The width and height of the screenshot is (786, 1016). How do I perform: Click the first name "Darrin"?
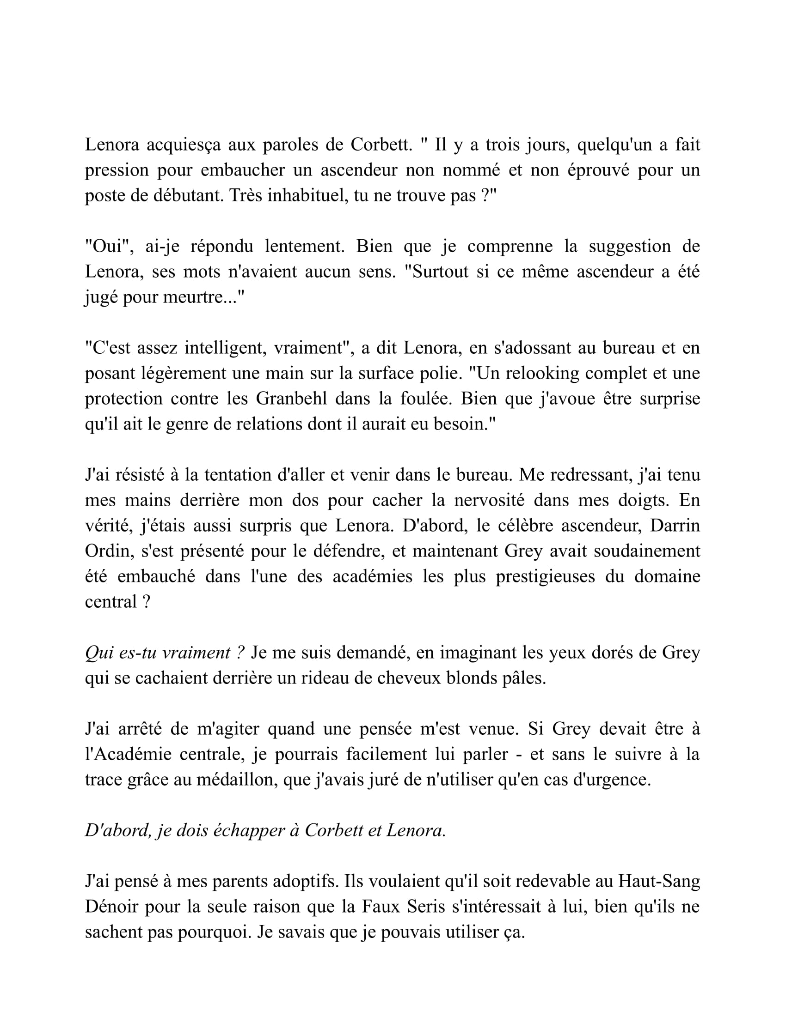tap(675, 526)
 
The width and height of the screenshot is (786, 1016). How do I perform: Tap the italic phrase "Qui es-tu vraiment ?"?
tap(165, 653)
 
